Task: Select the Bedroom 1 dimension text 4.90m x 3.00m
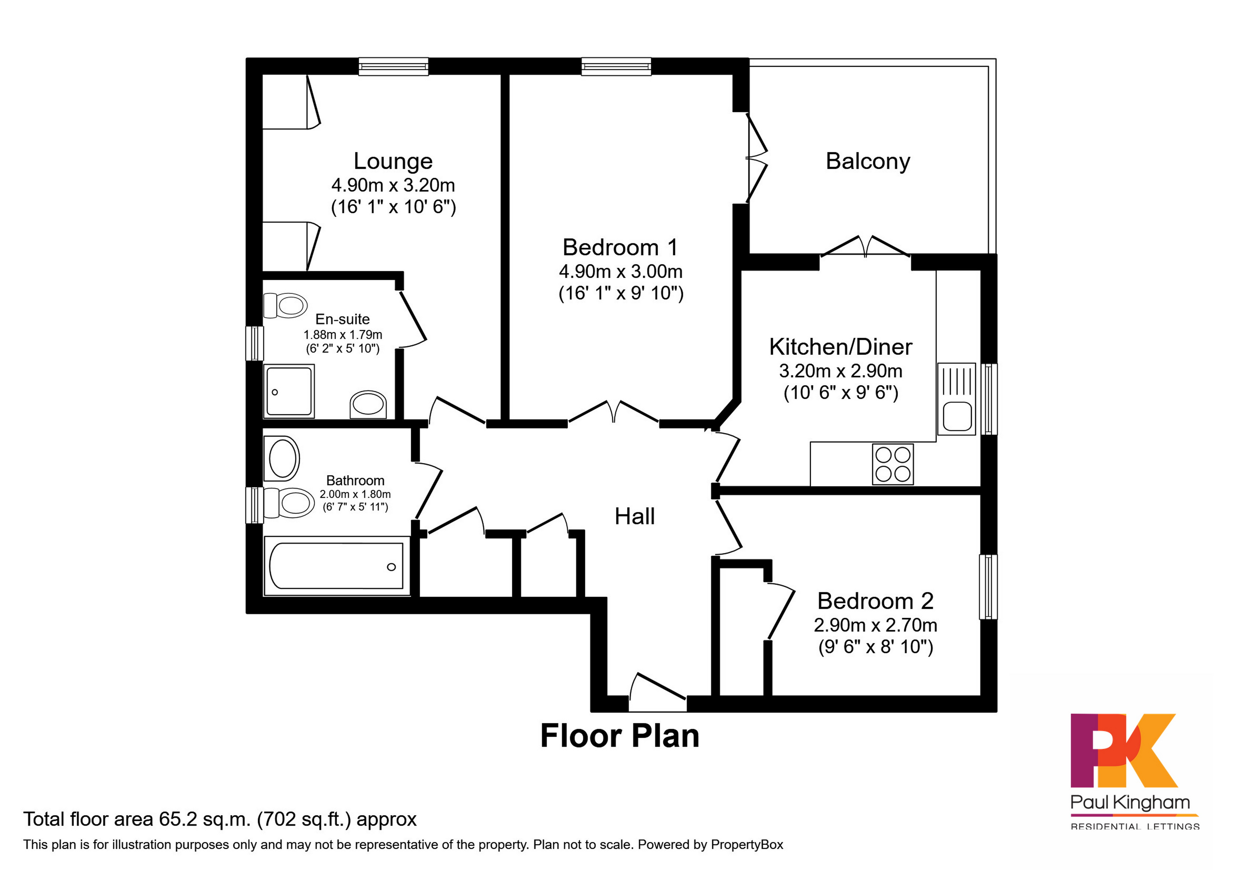pyautogui.click(x=620, y=271)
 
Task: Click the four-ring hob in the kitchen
pyautogui.click(x=893, y=464)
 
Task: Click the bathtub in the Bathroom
pyautogui.click(x=336, y=566)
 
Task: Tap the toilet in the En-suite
pyautogui.click(x=286, y=306)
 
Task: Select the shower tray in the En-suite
pyautogui.click(x=289, y=391)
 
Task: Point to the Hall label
pyautogui.click(x=634, y=517)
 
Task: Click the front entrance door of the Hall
pyautogui.click(x=657, y=694)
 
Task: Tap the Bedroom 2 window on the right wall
pyautogui.click(x=988, y=587)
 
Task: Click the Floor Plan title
pyautogui.click(x=620, y=736)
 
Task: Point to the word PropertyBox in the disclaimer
pyautogui.click(x=747, y=845)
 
